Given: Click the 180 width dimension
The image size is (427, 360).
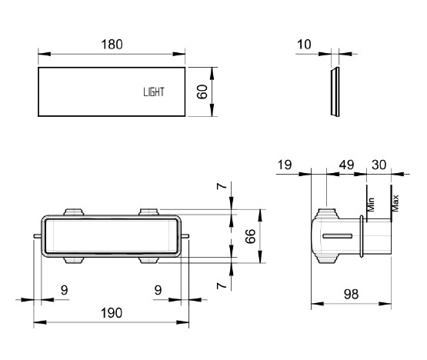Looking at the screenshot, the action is click(112, 45).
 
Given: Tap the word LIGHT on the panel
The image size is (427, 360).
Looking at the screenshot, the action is click(154, 92).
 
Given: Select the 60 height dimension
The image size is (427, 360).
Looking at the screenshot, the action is click(202, 92).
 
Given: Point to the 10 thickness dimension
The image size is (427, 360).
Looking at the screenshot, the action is click(304, 45).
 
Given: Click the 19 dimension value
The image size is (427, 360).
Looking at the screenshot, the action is click(285, 165).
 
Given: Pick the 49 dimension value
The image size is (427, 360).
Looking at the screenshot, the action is click(346, 165).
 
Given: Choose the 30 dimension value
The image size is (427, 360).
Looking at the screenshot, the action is click(379, 165).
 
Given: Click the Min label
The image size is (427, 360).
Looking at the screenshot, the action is click(371, 205).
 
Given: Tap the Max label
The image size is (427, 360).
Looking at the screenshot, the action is click(395, 203).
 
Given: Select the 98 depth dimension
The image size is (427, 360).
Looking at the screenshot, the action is click(352, 295).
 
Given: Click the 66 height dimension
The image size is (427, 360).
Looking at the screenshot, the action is click(251, 236).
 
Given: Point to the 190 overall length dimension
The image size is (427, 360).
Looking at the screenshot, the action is click(112, 313).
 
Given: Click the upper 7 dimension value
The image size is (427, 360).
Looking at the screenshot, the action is click(222, 186).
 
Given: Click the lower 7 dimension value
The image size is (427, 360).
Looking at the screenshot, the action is click(222, 285).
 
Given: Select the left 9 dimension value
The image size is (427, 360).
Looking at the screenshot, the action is click(65, 290).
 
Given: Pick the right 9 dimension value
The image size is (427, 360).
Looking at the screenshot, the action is click(158, 290).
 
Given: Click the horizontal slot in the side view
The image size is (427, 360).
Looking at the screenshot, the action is click(338, 236).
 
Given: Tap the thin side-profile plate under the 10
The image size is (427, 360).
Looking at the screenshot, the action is click(335, 92).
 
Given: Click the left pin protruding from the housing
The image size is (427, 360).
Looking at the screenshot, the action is click(37, 236).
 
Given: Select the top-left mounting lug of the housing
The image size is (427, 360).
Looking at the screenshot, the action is click(74, 212).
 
